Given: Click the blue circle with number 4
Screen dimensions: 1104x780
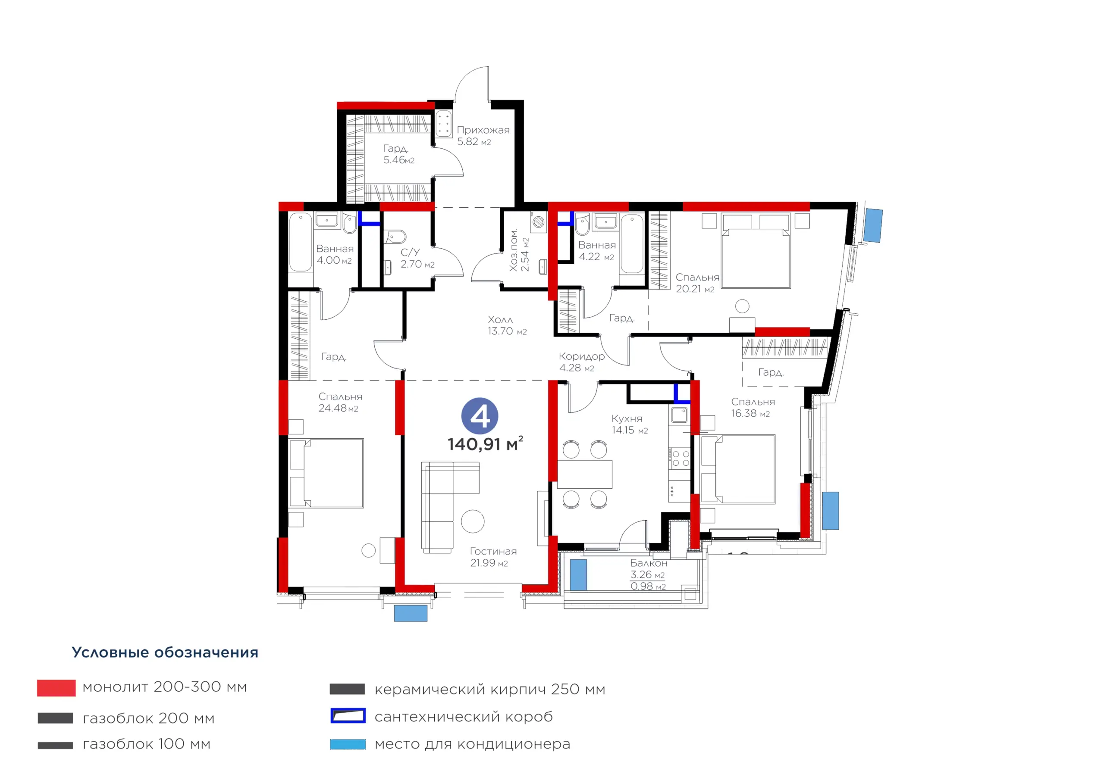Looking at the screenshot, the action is pyautogui.click(x=480, y=416).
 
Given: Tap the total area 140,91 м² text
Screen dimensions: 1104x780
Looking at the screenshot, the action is pyautogui.click(x=485, y=443).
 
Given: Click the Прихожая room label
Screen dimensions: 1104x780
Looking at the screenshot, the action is pyautogui.click(x=483, y=130).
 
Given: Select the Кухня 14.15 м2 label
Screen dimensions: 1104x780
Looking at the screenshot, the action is pyautogui.click(x=630, y=424).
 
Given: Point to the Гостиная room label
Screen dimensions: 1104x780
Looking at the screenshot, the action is pyautogui.click(x=493, y=551).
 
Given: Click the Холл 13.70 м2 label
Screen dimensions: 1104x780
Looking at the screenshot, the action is pyautogui.click(x=507, y=325).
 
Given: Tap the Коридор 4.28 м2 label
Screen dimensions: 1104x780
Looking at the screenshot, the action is pyautogui.click(x=581, y=362).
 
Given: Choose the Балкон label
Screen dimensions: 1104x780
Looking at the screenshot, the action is pyautogui.click(x=649, y=563).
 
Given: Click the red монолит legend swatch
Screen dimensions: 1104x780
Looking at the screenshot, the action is pyautogui.click(x=56, y=688).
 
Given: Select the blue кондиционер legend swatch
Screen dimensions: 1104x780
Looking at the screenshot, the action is pyautogui.click(x=348, y=744).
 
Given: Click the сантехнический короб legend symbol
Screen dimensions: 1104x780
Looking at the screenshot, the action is pyautogui.click(x=348, y=716).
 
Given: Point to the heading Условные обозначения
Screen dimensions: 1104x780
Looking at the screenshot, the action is pyautogui.click(x=165, y=652).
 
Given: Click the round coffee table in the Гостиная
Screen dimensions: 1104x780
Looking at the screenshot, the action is pyautogui.click(x=473, y=521).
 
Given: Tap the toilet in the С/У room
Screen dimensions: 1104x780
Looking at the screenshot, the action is pyautogui.click(x=395, y=237).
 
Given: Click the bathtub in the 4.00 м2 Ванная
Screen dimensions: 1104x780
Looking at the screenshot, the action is pyautogui.click(x=301, y=243).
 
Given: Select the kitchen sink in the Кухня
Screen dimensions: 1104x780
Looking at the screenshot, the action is pyautogui.click(x=679, y=415).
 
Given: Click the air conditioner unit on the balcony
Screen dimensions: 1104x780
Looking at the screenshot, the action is pyautogui.click(x=578, y=575).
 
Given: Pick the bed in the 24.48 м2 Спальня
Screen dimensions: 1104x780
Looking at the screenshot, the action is pyautogui.click(x=326, y=473).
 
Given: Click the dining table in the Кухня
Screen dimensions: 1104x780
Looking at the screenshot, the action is pyautogui.click(x=585, y=474).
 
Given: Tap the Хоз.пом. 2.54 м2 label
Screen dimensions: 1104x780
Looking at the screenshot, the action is pyautogui.click(x=519, y=250).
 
